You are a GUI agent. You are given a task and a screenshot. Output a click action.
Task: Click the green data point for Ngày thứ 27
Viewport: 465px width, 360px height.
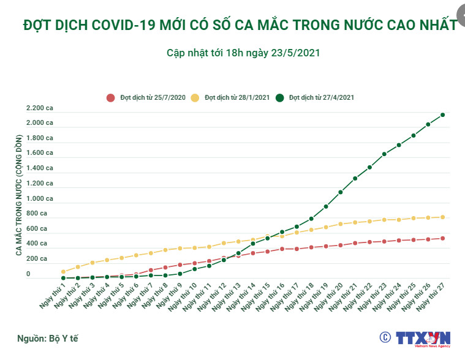tap(442, 114)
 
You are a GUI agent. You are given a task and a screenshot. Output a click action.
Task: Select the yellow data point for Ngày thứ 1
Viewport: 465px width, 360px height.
tap(63, 271)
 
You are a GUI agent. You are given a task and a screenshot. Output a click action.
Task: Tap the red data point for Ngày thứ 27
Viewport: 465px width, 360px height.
tap(442, 238)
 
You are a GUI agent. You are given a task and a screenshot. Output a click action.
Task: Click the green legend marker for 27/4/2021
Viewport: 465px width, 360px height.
tap(280, 97)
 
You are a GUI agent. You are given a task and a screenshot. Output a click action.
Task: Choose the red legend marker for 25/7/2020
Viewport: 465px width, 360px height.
tap(111, 97)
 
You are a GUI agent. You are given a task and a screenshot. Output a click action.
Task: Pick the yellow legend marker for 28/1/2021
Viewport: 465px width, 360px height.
tap(195, 97)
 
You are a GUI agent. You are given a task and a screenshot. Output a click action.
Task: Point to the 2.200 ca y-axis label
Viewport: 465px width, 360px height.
tap(39, 108)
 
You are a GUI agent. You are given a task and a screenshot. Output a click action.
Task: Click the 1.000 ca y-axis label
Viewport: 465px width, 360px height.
tap(39, 198)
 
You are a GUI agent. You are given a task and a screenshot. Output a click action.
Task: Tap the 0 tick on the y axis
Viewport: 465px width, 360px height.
tap(28, 274)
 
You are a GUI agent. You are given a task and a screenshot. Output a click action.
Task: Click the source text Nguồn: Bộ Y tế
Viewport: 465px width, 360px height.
tap(47, 338)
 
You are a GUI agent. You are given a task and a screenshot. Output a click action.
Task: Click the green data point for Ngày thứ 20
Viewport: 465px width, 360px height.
tap(340, 192)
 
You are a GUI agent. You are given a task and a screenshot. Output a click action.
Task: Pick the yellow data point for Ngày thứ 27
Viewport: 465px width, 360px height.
tap(442, 217)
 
